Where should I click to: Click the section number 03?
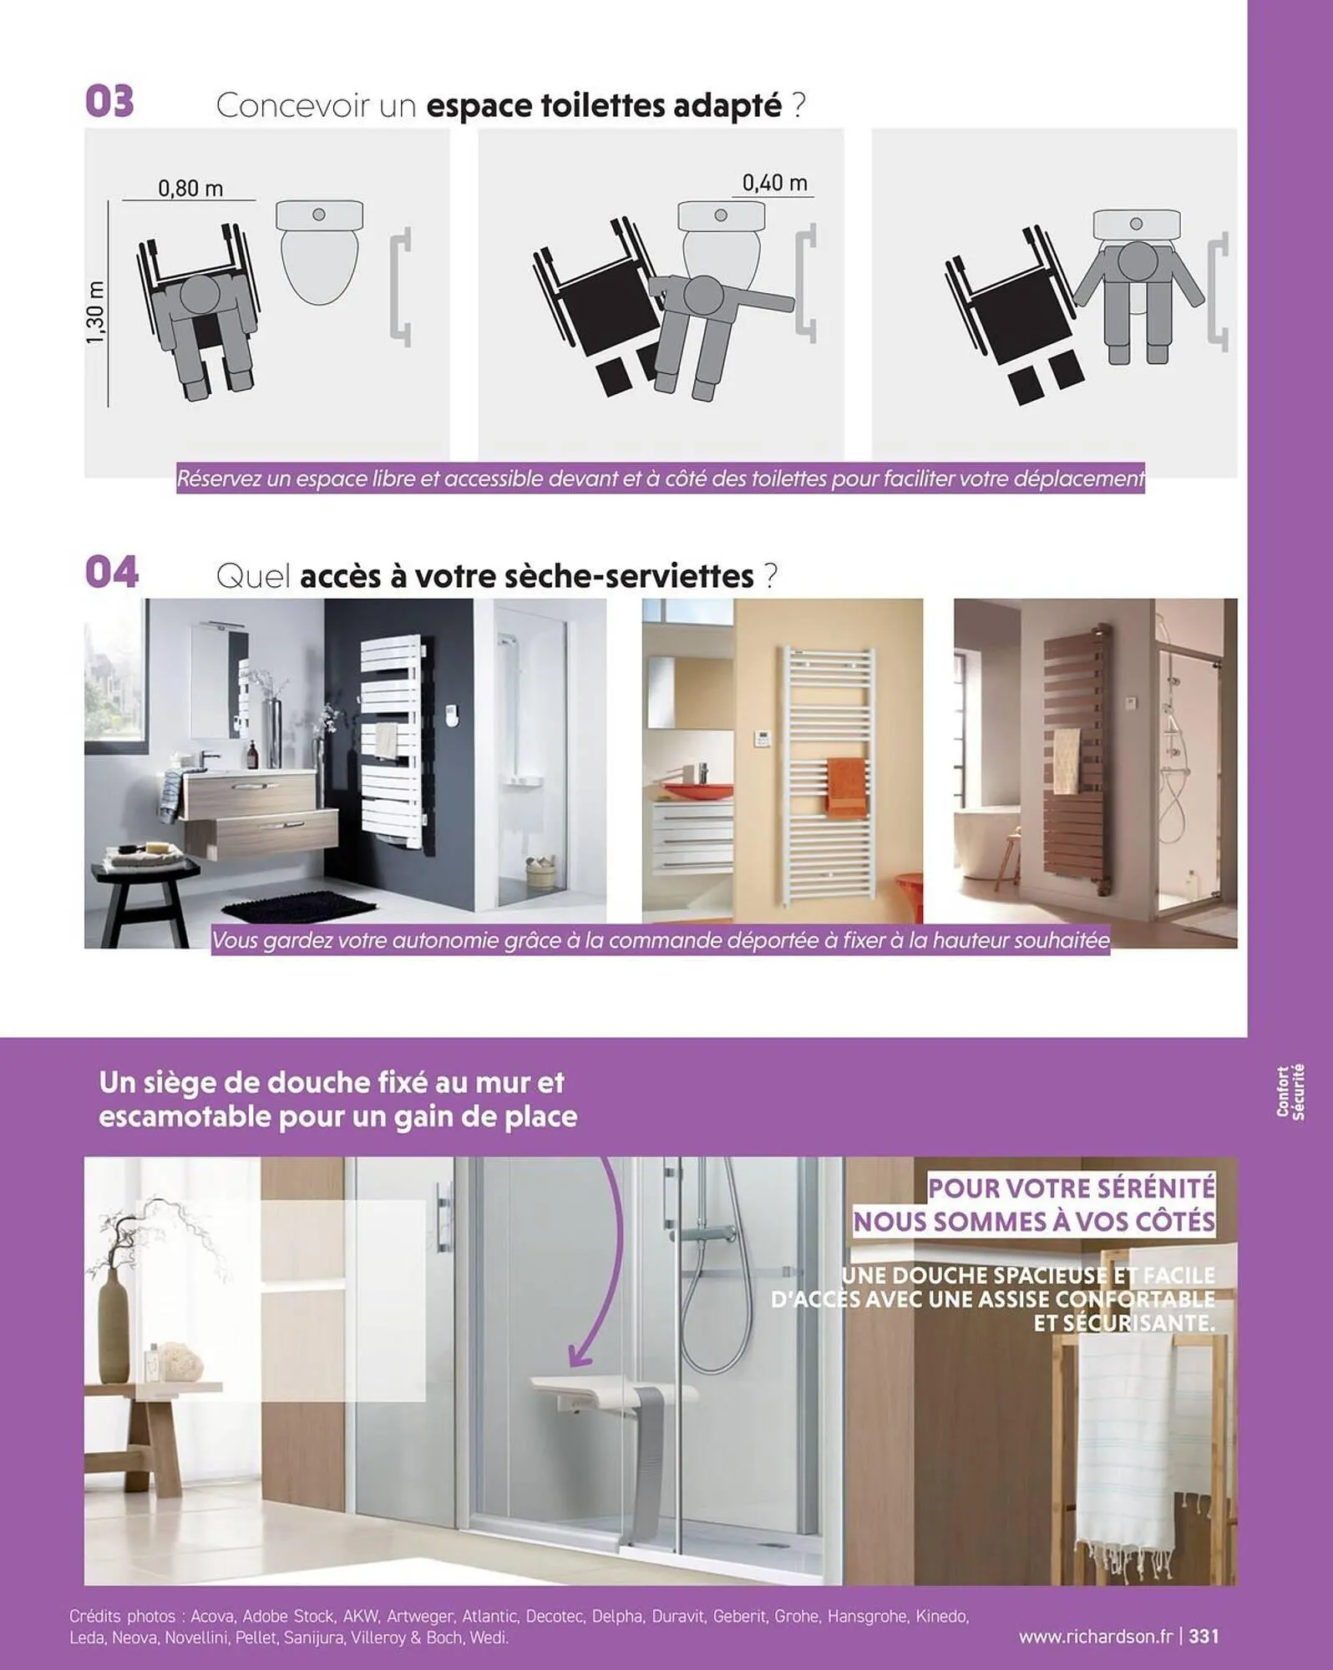[109, 102]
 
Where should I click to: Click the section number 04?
[111, 572]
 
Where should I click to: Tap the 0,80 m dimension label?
[190, 189]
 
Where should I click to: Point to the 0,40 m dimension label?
[774, 183]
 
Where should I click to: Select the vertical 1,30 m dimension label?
[96, 312]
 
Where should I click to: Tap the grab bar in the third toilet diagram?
[1220, 291]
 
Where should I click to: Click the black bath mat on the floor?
[289, 905]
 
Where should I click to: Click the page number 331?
[1204, 1636]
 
